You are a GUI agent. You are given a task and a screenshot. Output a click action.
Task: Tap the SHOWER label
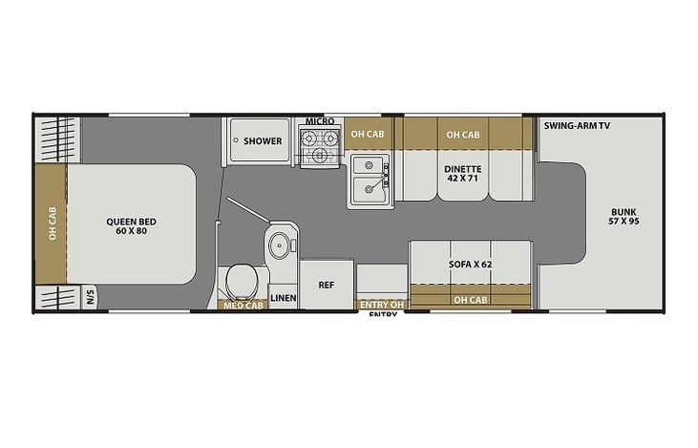tap(263, 141)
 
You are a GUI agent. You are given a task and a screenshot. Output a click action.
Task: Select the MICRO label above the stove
tap(320, 121)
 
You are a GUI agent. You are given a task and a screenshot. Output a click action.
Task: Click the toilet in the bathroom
tap(240, 282)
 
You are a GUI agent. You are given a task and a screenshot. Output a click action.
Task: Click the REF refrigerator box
tap(327, 285)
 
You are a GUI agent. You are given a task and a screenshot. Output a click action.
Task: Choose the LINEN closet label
tap(284, 298)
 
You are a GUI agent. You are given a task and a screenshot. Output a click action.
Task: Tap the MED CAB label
tap(243, 306)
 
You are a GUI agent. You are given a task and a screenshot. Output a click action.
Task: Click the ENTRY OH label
tap(382, 305)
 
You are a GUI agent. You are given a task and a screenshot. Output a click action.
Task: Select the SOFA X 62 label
tap(470, 264)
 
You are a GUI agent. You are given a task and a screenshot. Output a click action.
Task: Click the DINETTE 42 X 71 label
tap(463, 174)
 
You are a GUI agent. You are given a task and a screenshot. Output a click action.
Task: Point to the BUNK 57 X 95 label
tap(624, 217)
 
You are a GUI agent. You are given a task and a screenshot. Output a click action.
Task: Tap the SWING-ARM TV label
tap(577, 125)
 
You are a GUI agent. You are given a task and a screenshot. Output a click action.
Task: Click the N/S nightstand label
tap(91, 297)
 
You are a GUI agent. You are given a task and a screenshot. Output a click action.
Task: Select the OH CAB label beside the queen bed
tap(53, 224)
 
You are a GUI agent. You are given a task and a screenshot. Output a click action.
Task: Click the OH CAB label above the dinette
tap(463, 135)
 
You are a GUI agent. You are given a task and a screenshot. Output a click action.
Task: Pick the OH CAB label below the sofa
tap(470, 300)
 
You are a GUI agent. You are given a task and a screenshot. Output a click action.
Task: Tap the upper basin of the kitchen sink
tap(369, 165)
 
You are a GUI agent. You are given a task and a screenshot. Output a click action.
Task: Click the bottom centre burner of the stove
tap(319, 156)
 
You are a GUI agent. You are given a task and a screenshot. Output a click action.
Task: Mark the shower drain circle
tap(236, 139)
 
